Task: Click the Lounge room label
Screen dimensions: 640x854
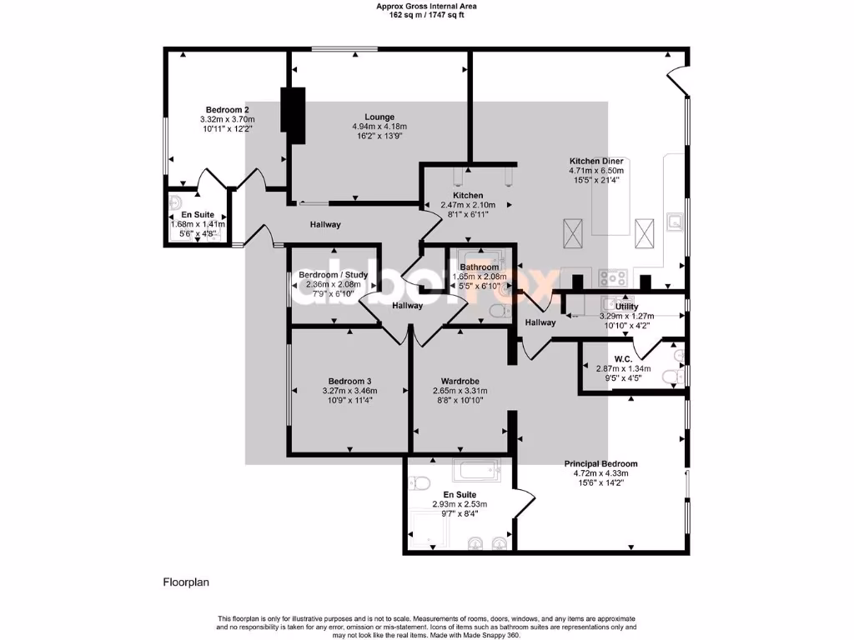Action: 379,117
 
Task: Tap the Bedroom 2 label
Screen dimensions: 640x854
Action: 228,109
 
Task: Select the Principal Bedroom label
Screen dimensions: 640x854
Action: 600,464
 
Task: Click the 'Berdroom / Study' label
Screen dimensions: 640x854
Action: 333,274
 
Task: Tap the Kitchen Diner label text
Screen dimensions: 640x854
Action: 596,162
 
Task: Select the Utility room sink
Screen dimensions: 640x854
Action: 616,303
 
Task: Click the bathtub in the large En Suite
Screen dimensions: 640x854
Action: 475,471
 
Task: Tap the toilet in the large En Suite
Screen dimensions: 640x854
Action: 418,482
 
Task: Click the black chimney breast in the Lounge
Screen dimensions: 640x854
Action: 294,109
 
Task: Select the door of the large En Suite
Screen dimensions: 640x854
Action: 525,505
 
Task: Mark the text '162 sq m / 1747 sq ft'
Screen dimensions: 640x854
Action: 426,14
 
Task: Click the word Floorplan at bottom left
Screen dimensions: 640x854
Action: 185,582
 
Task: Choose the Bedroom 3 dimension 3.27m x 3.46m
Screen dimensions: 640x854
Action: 349,391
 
